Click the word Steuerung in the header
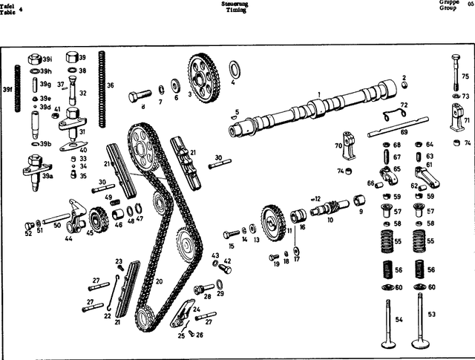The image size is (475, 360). pyautogui.click(x=235, y=4)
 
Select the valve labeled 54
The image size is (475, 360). pyautogui.click(x=390, y=327)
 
